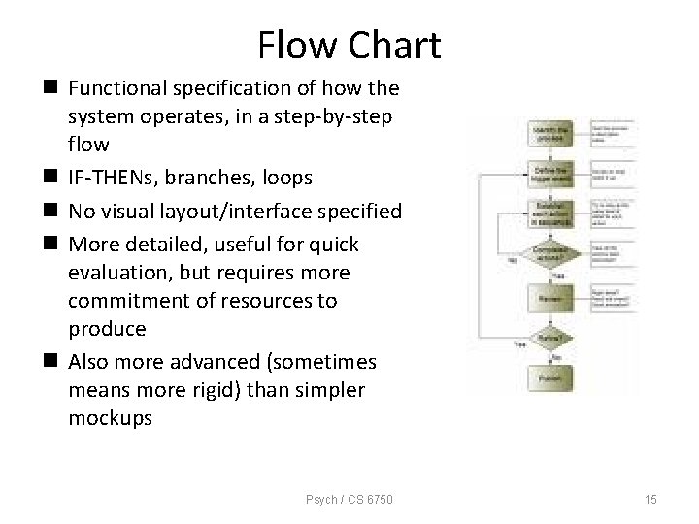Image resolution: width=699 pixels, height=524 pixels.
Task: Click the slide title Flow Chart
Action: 349,45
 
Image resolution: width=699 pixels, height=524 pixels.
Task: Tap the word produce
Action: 107,329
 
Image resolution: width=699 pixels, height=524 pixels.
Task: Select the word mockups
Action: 110,419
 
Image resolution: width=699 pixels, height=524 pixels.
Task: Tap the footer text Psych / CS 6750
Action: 349,499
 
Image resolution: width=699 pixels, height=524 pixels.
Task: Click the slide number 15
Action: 649,499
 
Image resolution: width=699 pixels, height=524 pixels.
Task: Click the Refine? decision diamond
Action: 550,337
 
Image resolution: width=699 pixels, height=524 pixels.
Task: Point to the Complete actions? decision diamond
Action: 550,251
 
